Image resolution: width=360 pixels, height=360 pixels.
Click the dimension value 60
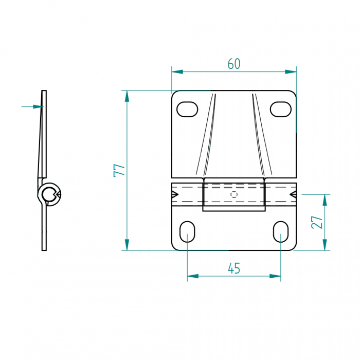[234, 64]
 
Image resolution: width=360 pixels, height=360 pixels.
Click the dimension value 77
[119, 170]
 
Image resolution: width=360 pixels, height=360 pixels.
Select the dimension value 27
[317, 222]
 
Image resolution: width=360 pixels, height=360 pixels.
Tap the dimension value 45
[234, 268]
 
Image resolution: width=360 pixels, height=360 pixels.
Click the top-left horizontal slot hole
[187, 109]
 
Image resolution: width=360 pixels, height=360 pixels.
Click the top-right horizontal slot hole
[281, 109]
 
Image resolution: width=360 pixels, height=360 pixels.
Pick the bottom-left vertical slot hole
[187, 232]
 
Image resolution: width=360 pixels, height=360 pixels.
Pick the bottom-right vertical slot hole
[281, 232]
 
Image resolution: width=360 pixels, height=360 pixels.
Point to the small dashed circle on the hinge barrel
[234, 194]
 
